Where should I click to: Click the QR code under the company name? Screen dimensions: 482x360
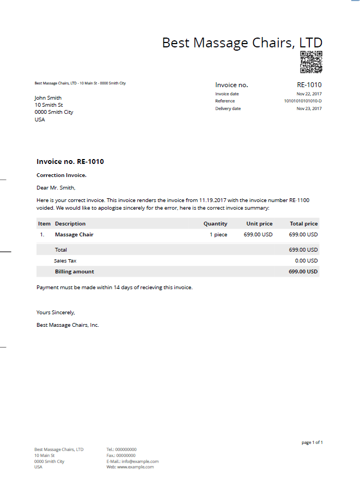coord(311,62)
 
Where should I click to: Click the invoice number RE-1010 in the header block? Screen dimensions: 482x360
coord(309,85)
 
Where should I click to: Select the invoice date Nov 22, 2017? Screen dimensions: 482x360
coord(309,94)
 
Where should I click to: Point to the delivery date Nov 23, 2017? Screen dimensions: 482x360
coord(309,108)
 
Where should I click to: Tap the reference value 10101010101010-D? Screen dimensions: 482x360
coord(303,101)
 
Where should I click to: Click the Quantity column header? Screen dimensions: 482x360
coord(215,224)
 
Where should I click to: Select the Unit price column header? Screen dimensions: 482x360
coord(259,224)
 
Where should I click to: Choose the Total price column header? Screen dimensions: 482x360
coord(303,224)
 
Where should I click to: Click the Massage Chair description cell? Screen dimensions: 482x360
coord(74,235)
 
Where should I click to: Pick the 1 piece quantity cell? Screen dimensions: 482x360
coord(218,235)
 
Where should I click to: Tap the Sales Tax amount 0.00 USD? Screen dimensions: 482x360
coord(306,261)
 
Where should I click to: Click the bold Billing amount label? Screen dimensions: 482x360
coord(75,272)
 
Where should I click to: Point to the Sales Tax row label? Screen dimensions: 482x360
coord(65,261)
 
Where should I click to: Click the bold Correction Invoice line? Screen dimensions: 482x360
coord(62,175)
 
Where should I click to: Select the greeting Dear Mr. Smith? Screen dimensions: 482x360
coord(56,188)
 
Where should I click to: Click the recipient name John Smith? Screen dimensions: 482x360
coord(48,98)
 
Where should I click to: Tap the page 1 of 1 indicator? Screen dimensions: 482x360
coord(312,442)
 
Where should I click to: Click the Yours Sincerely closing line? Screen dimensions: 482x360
coord(56,313)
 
